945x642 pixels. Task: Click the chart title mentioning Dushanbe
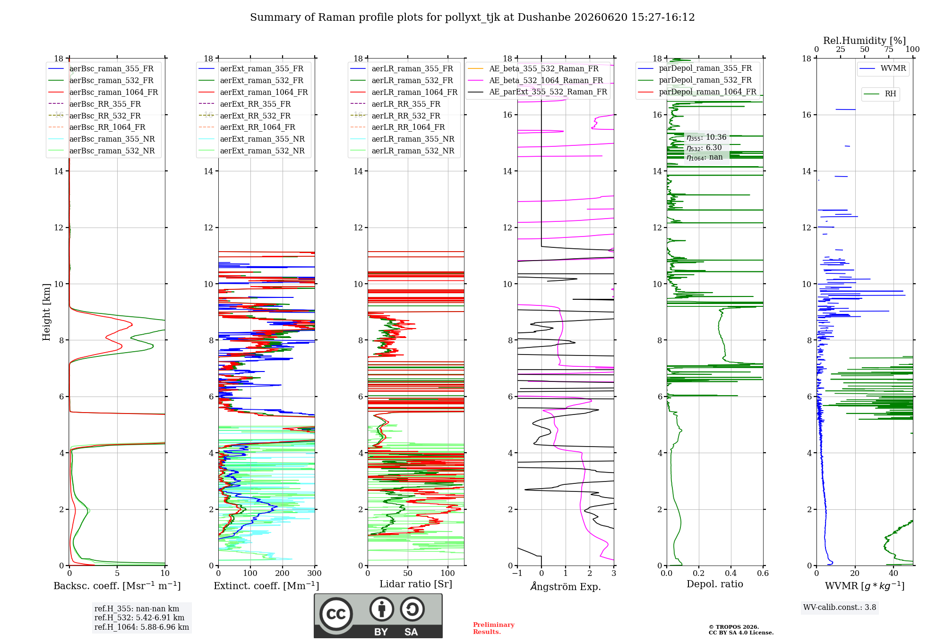click(472, 17)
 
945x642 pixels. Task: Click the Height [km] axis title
click(46, 312)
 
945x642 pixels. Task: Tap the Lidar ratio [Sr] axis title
click(416, 584)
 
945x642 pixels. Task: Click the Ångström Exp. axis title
click(566, 586)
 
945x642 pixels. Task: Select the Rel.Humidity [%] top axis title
click(865, 41)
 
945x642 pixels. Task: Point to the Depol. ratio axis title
click(715, 584)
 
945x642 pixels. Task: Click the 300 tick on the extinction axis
click(315, 573)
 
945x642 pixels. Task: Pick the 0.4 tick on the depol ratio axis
click(731, 573)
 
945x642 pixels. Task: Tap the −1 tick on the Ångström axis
click(517, 573)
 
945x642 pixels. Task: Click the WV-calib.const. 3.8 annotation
click(840, 608)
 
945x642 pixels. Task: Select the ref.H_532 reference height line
click(139, 617)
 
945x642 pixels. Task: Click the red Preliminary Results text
click(494, 628)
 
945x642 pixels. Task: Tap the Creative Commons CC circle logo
click(336, 614)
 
